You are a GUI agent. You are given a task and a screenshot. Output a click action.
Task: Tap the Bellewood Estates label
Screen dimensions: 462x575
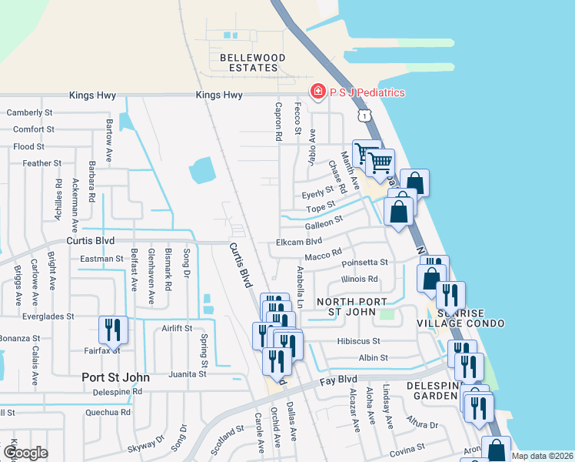[x=252, y=63]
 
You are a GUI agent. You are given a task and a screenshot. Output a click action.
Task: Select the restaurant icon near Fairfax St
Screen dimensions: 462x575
[x=113, y=330]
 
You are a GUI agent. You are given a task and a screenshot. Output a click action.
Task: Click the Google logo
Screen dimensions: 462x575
[x=25, y=453]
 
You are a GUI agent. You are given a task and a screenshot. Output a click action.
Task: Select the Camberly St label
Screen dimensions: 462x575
[x=29, y=112]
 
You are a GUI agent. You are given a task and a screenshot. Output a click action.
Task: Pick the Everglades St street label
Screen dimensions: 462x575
[x=48, y=316]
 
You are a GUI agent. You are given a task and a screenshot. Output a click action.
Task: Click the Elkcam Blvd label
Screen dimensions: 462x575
[x=298, y=242]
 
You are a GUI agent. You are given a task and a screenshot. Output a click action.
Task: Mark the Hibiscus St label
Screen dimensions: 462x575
[x=358, y=340]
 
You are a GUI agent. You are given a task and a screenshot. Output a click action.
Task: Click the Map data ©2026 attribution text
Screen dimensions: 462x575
[x=542, y=456]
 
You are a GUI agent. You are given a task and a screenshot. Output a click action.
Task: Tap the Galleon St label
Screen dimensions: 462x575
[x=324, y=223]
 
